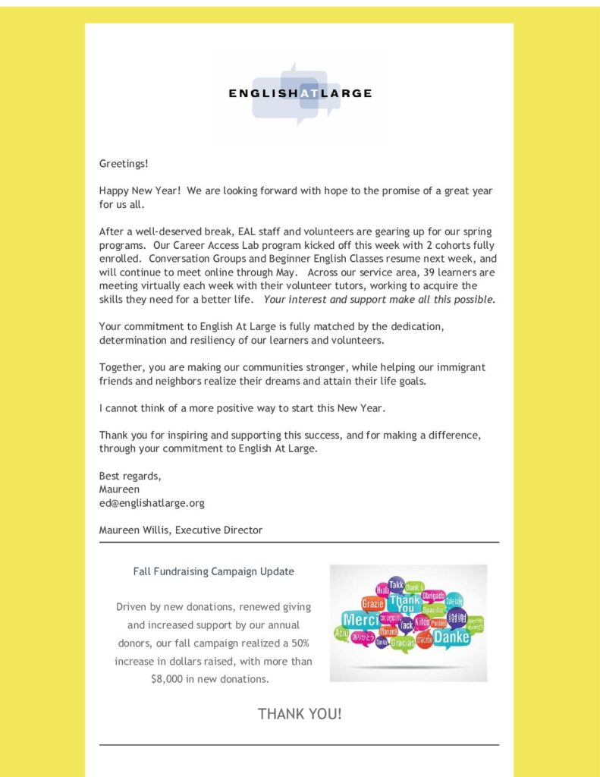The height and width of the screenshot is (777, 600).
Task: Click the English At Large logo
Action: [300, 94]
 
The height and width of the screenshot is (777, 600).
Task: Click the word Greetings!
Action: [124, 163]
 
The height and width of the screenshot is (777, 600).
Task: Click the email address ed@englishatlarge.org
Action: [152, 502]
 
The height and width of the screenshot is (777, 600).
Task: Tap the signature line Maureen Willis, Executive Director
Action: [181, 530]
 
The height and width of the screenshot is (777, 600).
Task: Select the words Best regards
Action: [130, 476]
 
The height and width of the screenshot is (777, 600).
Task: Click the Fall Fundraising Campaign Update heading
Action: [213, 571]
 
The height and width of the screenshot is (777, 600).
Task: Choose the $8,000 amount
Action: [168, 679]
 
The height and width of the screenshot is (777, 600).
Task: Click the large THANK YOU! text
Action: [300, 714]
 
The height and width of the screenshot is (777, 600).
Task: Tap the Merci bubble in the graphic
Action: [360, 619]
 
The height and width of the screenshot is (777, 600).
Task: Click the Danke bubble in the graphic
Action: [451, 637]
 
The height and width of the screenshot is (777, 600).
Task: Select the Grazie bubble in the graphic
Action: [373, 604]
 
